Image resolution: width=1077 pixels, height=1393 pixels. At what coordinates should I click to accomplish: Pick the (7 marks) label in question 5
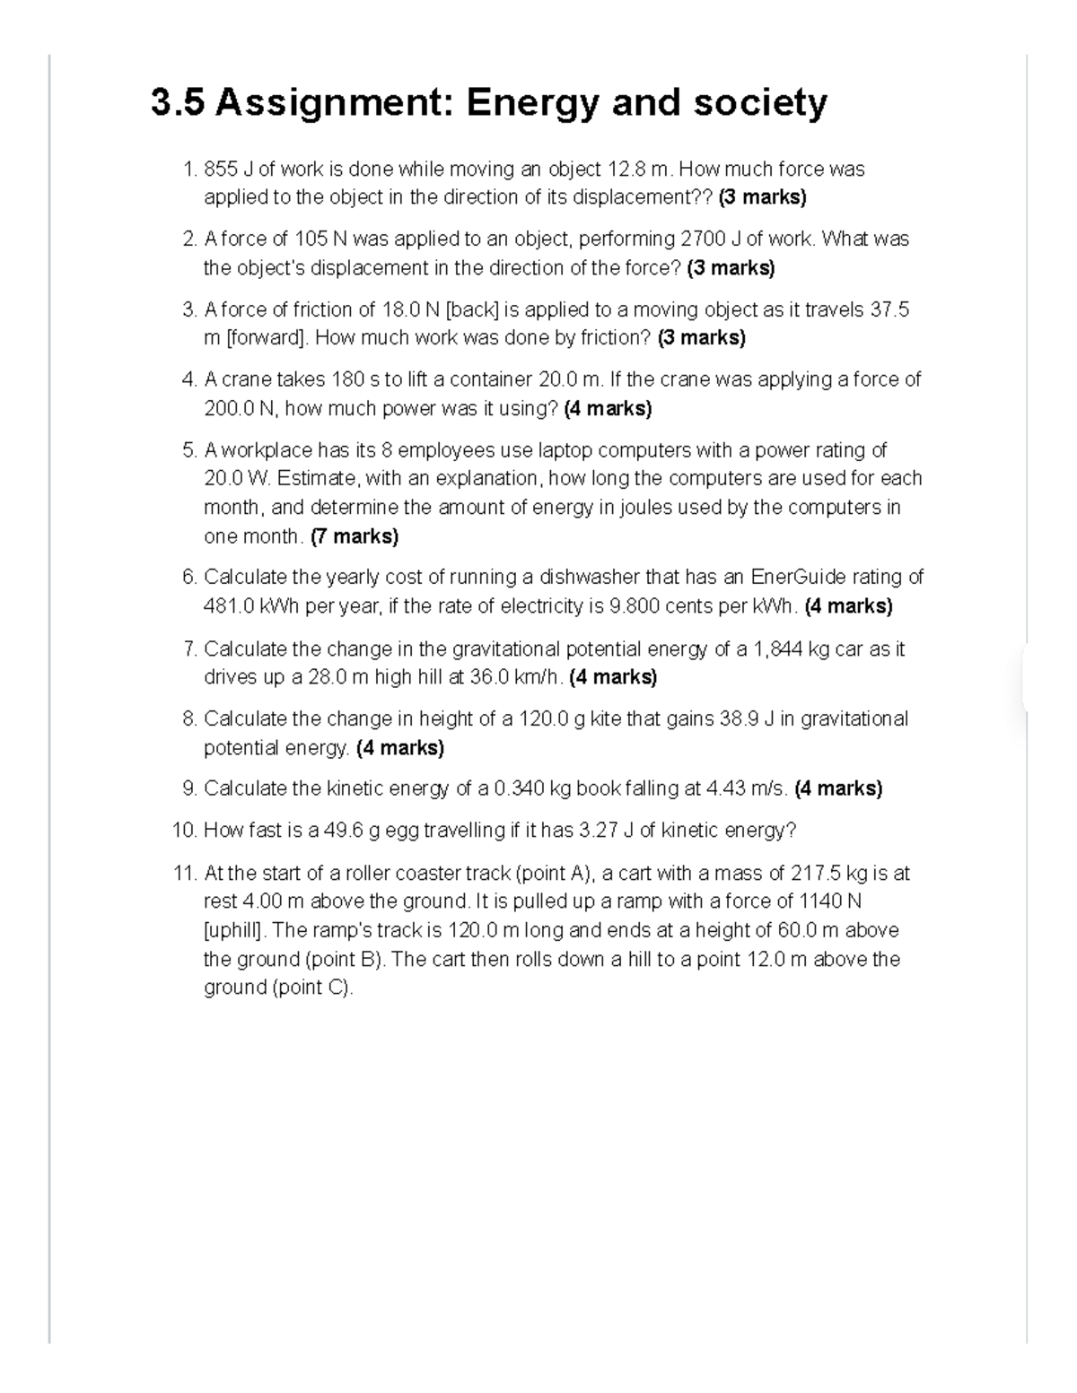(355, 536)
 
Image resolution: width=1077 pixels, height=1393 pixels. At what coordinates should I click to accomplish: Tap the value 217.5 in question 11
(815, 874)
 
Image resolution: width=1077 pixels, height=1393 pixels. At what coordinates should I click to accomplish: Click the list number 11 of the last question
(184, 874)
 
